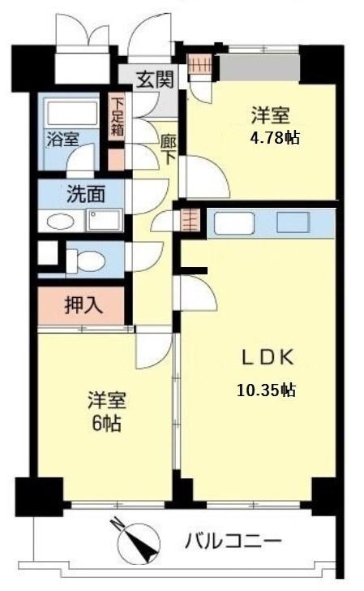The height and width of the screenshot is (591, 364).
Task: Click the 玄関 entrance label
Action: tap(154, 80)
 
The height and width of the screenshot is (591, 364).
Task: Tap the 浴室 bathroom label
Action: tap(62, 138)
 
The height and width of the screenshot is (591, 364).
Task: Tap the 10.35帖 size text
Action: tap(266, 390)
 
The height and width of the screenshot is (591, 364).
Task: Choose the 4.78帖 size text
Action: tap(275, 137)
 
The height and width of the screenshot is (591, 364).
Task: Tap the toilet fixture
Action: tap(85, 260)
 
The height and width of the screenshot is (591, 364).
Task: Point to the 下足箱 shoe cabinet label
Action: tap(118, 118)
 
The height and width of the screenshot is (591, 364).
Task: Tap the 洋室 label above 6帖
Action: tap(106, 401)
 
